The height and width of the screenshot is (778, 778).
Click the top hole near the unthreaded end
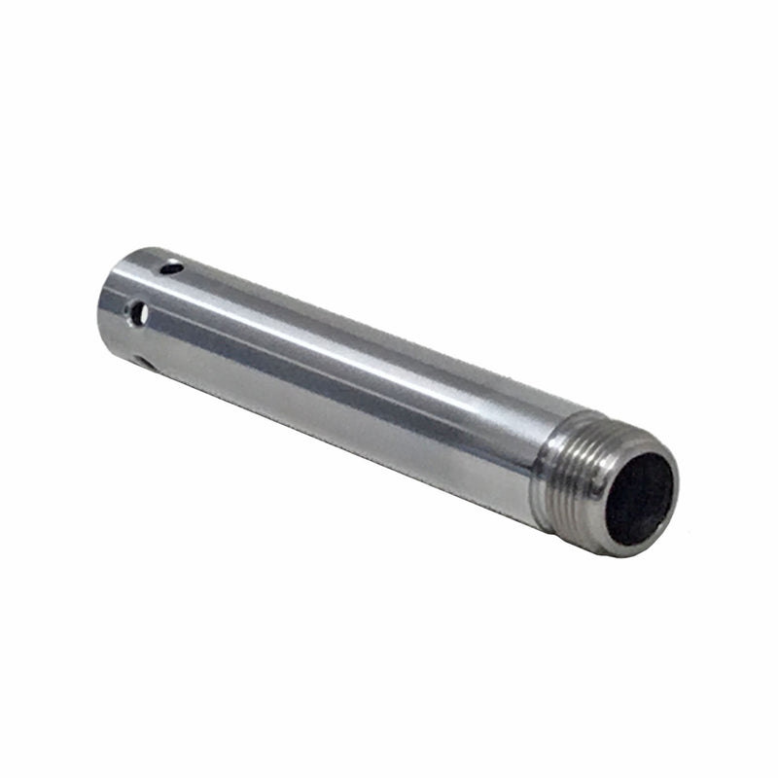(172, 265)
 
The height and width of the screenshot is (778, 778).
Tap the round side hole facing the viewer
(138, 312)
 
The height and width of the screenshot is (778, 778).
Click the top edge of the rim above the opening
(647, 448)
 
